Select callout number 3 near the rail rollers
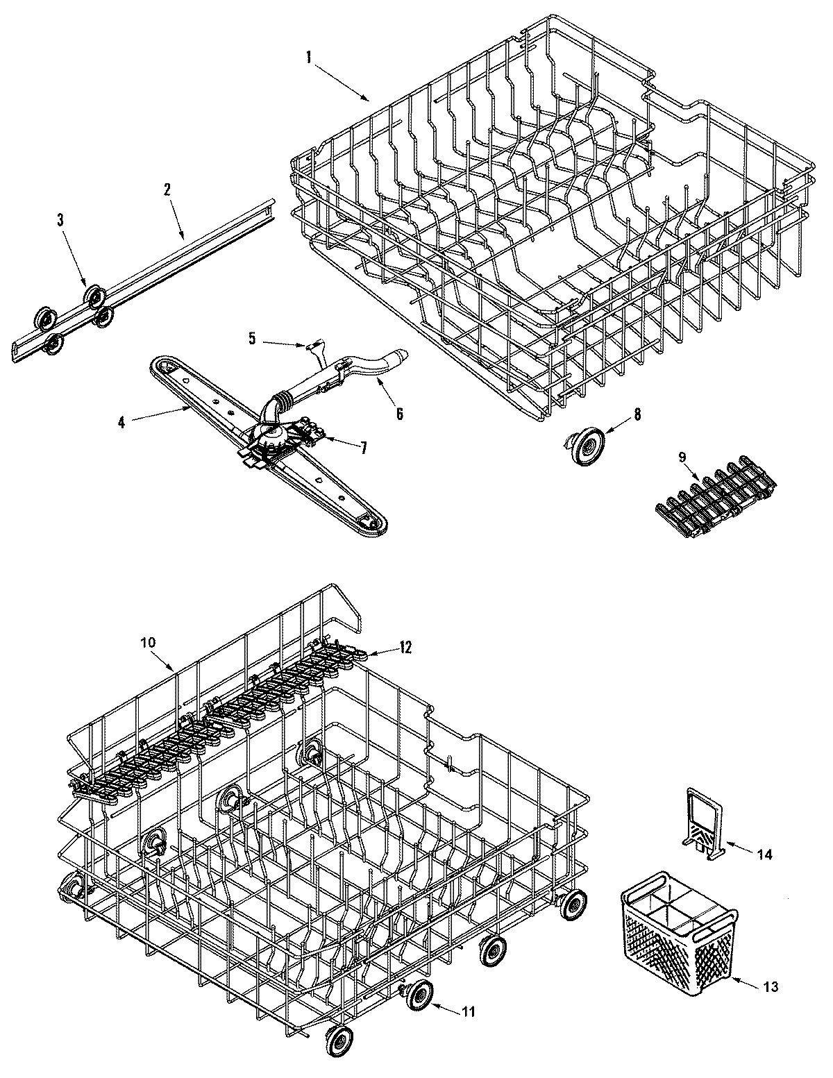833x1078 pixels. click(x=60, y=221)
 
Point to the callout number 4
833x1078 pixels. click(x=121, y=421)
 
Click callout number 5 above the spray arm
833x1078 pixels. click(x=252, y=338)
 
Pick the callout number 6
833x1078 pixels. click(x=399, y=412)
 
